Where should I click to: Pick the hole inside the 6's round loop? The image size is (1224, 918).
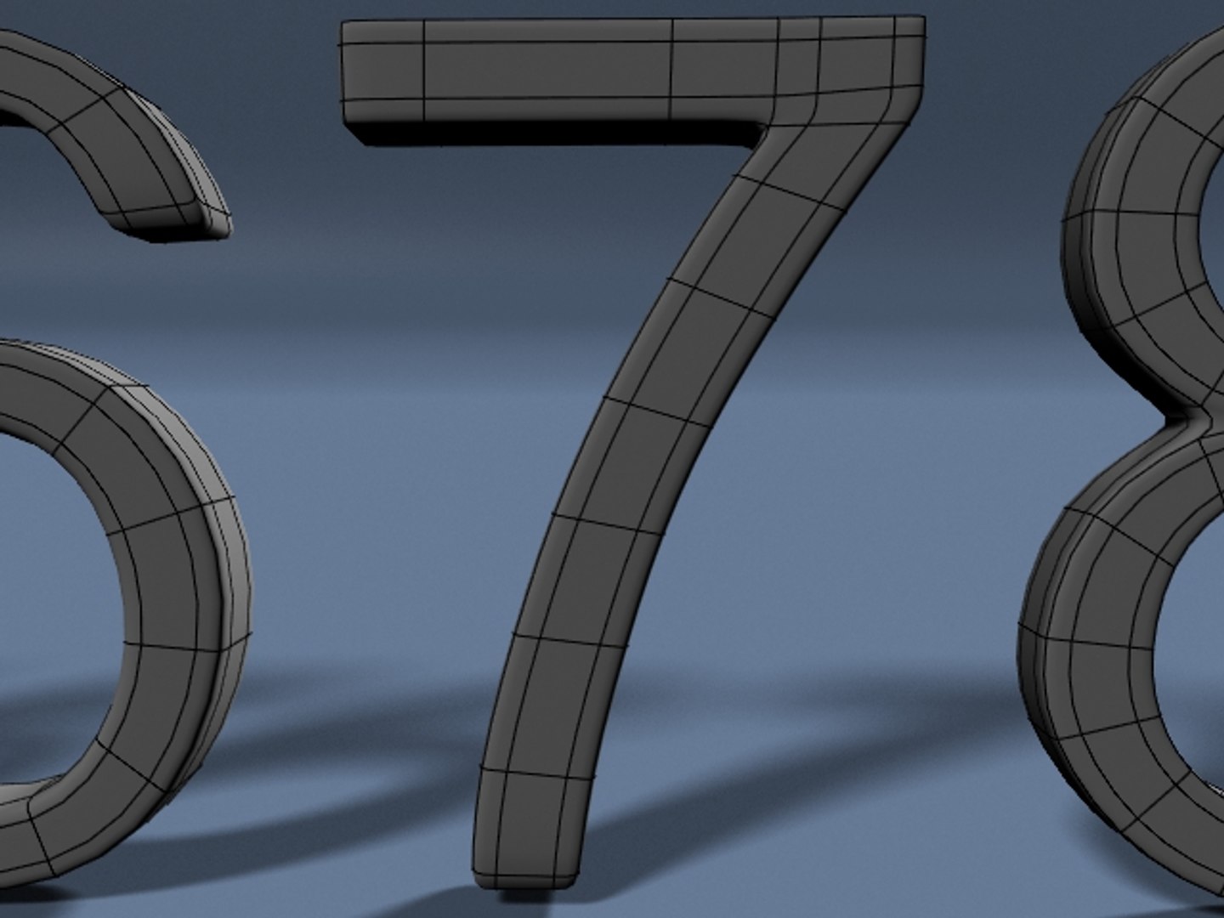[x=42, y=595]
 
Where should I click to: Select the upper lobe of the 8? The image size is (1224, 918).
[x=1139, y=212]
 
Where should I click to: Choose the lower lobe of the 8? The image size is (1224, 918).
[x=1096, y=637]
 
